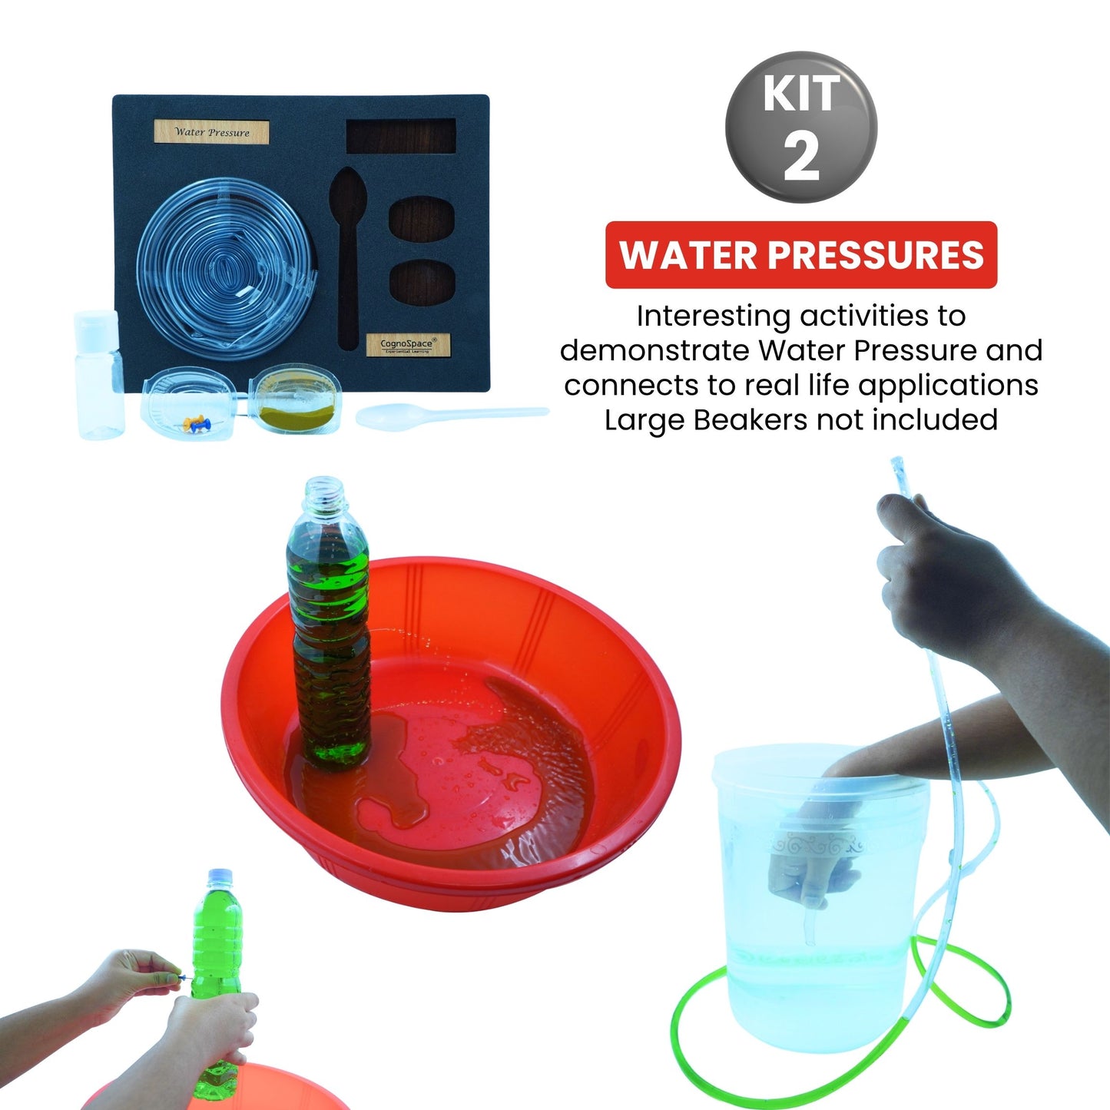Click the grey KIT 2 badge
800,127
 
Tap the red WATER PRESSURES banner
800,255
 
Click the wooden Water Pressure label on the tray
211,132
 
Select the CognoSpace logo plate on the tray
407,345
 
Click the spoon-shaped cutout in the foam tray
347,246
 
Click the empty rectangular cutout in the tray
401,136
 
